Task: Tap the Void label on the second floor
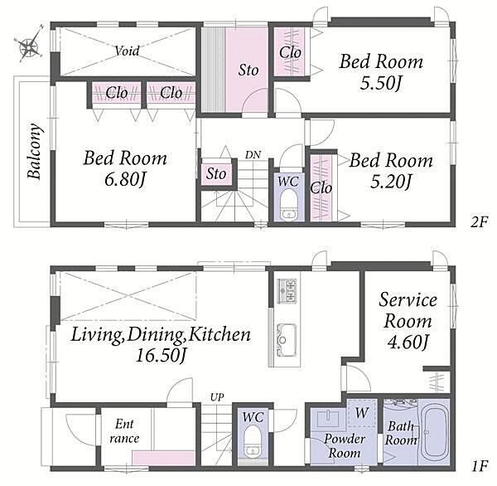click(127, 51)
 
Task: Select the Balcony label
click(34, 152)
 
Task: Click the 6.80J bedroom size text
click(125, 180)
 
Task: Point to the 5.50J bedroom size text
click(380, 83)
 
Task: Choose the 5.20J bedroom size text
click(390, 182)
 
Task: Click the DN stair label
click(253, 155)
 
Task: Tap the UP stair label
click(217, 396)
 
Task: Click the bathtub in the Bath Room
click(433, 433)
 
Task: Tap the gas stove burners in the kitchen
click(287, 291)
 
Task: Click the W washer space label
click(362, 413)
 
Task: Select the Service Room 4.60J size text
click(408, 343)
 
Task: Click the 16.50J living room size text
click(160, 355)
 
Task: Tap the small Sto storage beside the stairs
click(216, 173)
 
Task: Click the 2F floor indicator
click(479, 221)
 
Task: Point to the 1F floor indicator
click(479, 466)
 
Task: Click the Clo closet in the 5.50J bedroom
click(290, 52)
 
